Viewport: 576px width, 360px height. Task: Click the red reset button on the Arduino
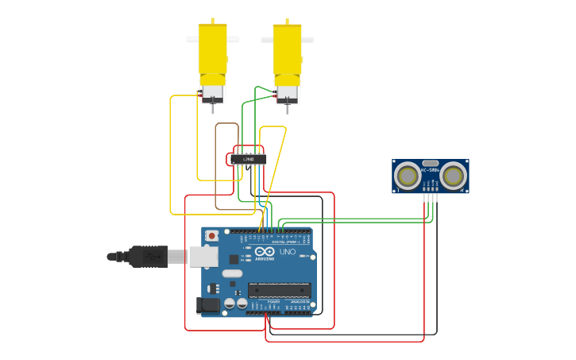212,236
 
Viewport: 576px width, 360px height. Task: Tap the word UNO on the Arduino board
287,253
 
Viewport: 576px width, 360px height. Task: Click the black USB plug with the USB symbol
148,257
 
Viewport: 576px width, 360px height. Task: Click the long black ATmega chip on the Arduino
277,290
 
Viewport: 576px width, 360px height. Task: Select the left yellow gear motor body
212,49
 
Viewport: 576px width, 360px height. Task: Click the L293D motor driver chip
249,159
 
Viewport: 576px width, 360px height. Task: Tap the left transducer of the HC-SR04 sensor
408,176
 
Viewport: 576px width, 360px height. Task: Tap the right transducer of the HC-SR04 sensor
454,176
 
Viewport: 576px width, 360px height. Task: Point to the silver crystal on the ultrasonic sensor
431,162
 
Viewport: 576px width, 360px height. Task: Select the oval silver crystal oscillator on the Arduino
232,274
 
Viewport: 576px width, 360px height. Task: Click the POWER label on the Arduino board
273,302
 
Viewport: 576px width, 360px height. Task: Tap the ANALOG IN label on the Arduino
300,302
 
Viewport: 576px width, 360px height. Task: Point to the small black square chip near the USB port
234,258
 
